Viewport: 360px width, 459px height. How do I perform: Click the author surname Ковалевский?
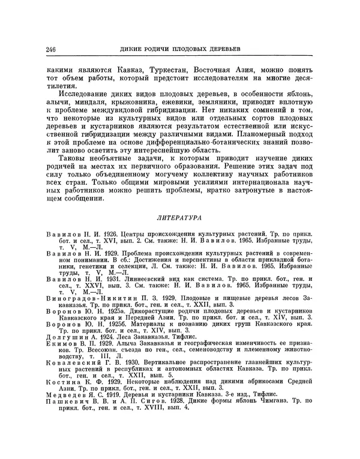(x=74, y=363)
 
